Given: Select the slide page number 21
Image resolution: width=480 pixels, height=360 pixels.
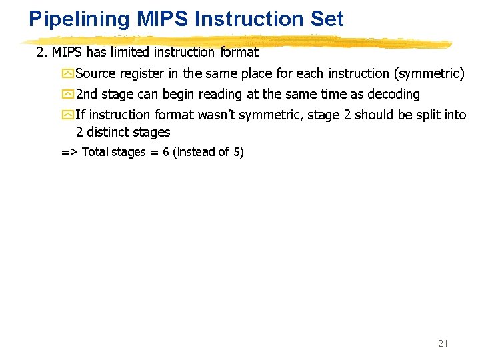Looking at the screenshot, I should coord(443,343).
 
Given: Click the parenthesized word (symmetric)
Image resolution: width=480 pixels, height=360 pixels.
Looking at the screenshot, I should coord(431,73).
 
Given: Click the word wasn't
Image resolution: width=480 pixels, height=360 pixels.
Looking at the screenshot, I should coord(216,115).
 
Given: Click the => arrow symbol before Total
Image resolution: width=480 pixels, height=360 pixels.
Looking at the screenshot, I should coord(69,152).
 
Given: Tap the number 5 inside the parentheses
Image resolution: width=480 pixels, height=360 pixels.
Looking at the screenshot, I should coord(238,152).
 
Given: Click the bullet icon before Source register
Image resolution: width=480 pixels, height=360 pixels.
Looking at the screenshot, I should coord(67,73).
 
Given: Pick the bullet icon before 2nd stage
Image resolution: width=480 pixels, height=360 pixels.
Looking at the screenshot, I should coord(67,94).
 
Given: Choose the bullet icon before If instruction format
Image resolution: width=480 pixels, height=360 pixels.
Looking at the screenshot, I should coord(67,115).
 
